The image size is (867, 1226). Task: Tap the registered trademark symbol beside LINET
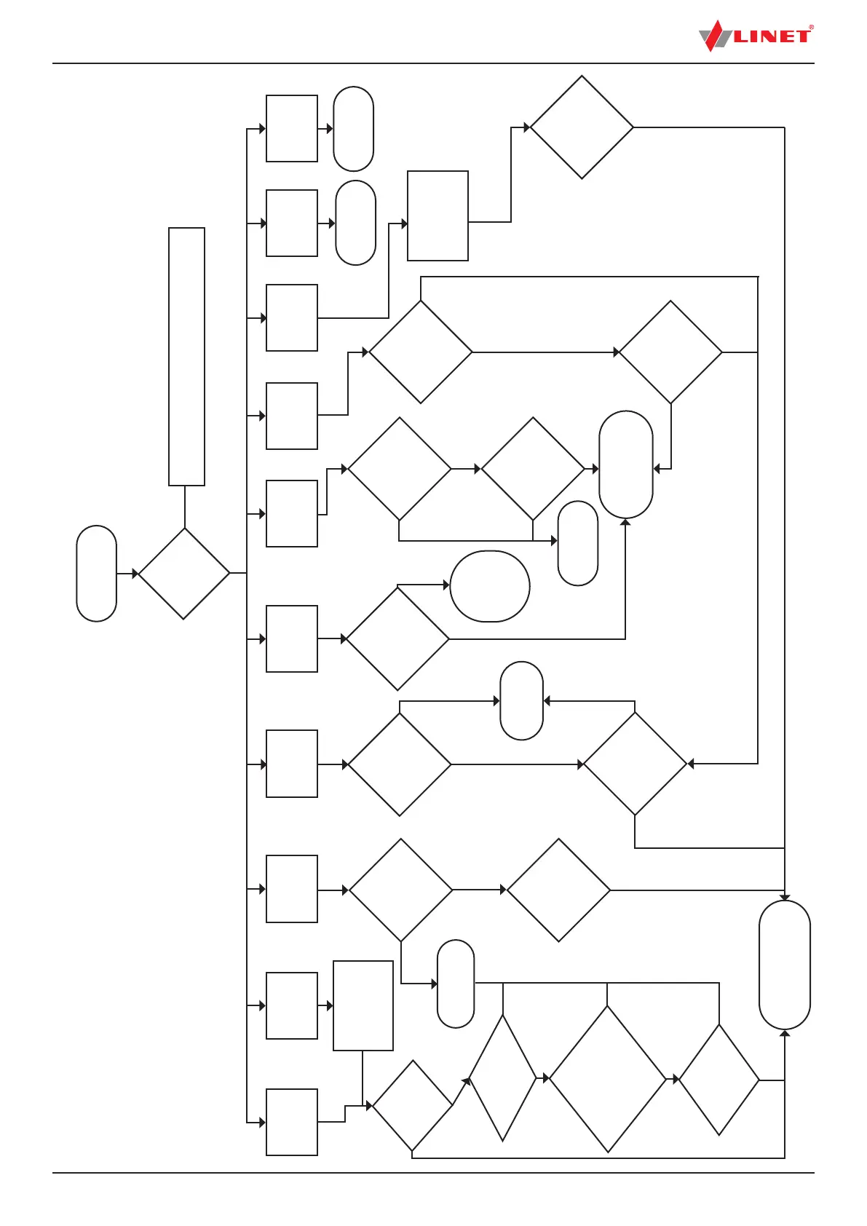811,28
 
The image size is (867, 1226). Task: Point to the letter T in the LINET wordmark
801,36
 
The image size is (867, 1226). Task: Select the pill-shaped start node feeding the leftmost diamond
97,574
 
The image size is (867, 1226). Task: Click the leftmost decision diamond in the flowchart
184,574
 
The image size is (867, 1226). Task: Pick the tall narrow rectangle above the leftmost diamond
186,357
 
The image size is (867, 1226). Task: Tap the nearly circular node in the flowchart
490,586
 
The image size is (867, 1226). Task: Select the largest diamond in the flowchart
608,1079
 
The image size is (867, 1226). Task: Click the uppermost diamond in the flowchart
582,127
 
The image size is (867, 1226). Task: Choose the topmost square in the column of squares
292,128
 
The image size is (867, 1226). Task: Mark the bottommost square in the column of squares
292,1122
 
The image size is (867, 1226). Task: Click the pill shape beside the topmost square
354,129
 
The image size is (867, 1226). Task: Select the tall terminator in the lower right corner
785,965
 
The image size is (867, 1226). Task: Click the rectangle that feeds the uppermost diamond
438,215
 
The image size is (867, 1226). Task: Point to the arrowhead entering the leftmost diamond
135,574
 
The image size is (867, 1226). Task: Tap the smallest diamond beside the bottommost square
412,1105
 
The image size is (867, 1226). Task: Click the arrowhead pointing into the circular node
446,585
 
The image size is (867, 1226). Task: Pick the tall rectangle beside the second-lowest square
363,1005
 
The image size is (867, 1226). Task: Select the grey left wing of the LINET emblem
705,38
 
